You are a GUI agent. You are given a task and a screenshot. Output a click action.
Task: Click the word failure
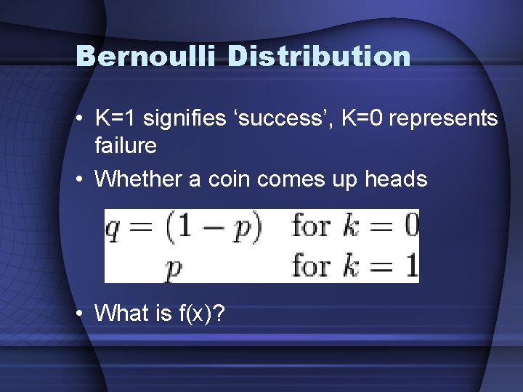coord(126,145)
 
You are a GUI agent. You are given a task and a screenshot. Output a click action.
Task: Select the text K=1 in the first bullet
coord(115,118)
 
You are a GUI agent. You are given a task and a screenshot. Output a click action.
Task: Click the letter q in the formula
coord(113,229)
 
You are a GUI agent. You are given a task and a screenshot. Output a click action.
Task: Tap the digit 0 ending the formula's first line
coord(410,226)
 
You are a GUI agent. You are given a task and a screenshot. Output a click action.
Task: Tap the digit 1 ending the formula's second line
coord(411,266)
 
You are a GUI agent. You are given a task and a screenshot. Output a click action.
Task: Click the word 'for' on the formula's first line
coord(311,226)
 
